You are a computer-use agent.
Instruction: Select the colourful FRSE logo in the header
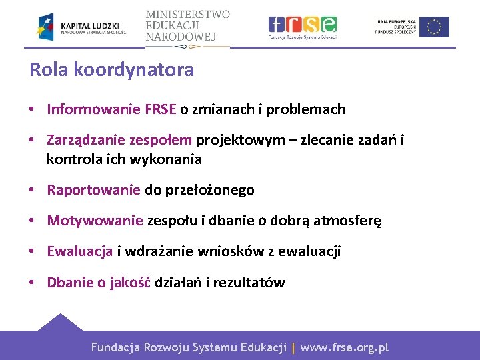(x=302, y=27)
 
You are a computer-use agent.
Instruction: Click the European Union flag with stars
(x=434, y=27)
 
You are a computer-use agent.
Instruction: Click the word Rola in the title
(x=45, y=70)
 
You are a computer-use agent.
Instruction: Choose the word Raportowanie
(x=93, y=190)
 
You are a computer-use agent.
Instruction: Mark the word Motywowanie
(x=95, y=221)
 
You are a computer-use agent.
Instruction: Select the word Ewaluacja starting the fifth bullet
(x=79, y=251)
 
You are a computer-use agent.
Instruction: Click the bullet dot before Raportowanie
(x=32, y=191)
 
